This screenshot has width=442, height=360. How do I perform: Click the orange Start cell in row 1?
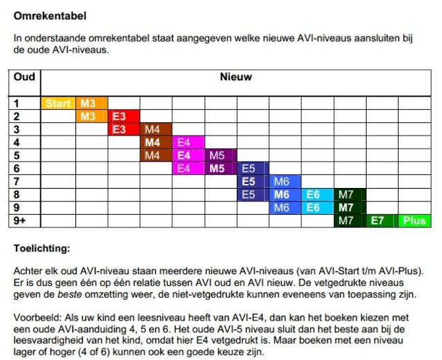click(x=58, y=104)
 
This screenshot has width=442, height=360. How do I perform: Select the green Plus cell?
click(x=414, y=221)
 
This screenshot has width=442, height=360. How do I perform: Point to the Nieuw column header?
click(x=236, y=77)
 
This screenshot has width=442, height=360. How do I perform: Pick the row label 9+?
click(x=21, y=221)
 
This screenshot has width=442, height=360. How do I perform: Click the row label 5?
click(x=17, y=155)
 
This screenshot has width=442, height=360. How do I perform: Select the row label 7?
click(x=17, y=182)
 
